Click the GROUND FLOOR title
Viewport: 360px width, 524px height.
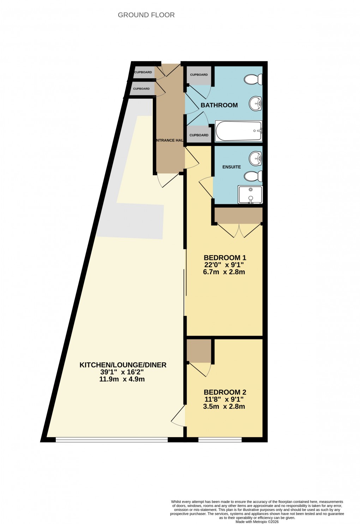pyautogui.click(x=146, y=15)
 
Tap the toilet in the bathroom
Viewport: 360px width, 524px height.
pyautogui.click(x=253, y=79)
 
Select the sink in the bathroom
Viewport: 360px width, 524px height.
pyautogui.click(x=256, y=104)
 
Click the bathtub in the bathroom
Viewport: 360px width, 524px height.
pyautogui.click(x=239, y=131)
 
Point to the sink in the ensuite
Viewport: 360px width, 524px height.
pyautogui.click(x=256, y=158)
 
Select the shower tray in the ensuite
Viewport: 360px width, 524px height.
pyautogui.click(x=250, y=195)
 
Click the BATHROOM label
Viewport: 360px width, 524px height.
pyautogui.click(x=219, y=105)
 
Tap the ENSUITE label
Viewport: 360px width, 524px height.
pyautogui.click(x=232, y=167)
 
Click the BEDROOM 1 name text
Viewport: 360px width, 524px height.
pyautogui.click(x=225, y=258)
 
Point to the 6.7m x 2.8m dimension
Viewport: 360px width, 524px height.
pyautogui.click(x=224, y=272)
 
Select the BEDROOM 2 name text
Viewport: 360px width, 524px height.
pyautogui.click(x=225, y=392)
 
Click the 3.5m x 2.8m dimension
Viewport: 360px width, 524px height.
pyautogui.click(x=224, y=406)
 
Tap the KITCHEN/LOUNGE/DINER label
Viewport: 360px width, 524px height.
pyautogui.click(x=123, y=365)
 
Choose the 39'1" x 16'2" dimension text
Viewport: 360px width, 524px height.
pyautogui.click(x=122, y=372)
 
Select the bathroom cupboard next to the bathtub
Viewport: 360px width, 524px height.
pyautogui.click(x=199, y=135)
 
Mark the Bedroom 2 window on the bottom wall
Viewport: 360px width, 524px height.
pyautogui.click(x=220, y=439)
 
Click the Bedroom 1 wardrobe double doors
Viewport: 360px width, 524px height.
pyautogui.click(x=239, y=230)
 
